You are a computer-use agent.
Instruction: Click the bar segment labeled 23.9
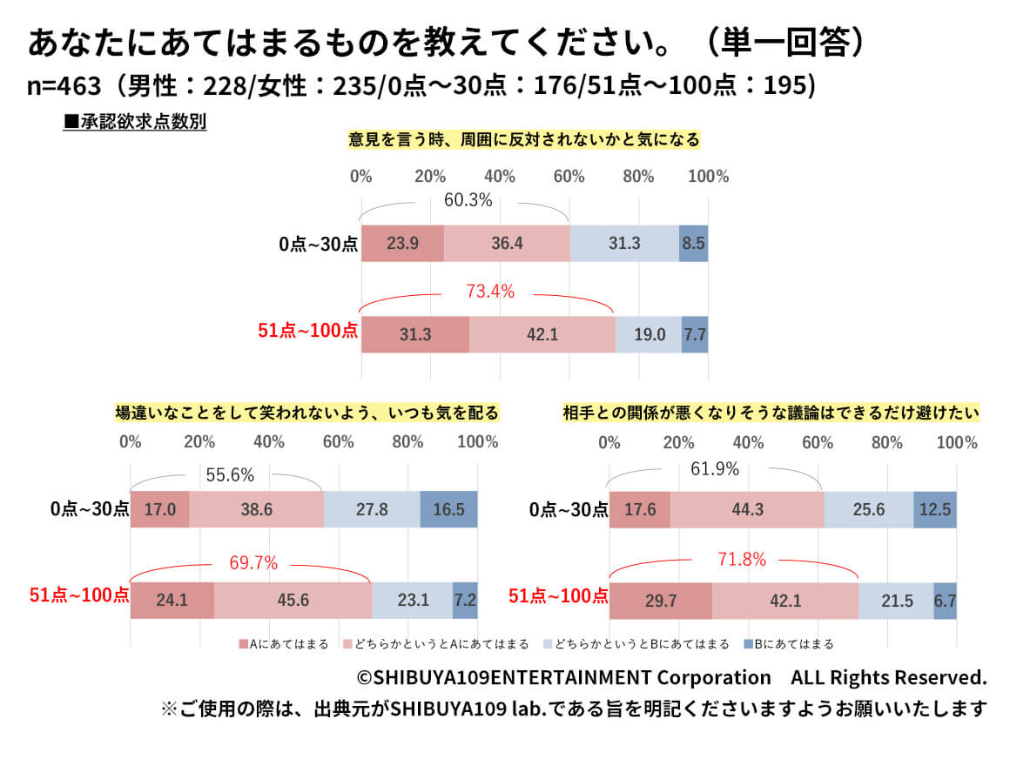pyautogui.click(x=402, y=244)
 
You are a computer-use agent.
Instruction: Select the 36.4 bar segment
pyautogui.click(x=507, y=244)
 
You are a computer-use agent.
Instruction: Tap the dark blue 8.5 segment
pyautogui.click(x=693, y=244)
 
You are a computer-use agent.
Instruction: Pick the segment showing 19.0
pyautogui.click(x=648, y=334)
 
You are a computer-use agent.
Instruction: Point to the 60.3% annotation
pyautogui.click(x=468, y=200)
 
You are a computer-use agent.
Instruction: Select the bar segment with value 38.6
pyautogui.click(x=256, y=509)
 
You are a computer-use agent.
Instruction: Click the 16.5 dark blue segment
pyautogui.click(x=448, y=509)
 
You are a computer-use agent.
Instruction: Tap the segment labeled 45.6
pyautogui.click(x=293, y=600)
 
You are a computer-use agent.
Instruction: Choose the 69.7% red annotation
pyautogui.click(x=253, y=563)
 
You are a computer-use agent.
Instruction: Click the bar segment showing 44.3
pyautogui.click(x=747, y=509)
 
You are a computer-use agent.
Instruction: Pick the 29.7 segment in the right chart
pyautogui.click(x=660, y=600)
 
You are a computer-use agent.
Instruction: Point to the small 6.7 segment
pyautogui.click(x=945, y=600)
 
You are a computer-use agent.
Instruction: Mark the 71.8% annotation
pyautogui.click(x=742, y=560)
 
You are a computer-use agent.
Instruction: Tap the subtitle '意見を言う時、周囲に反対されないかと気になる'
pyautogui.click(x=524, y=139)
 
